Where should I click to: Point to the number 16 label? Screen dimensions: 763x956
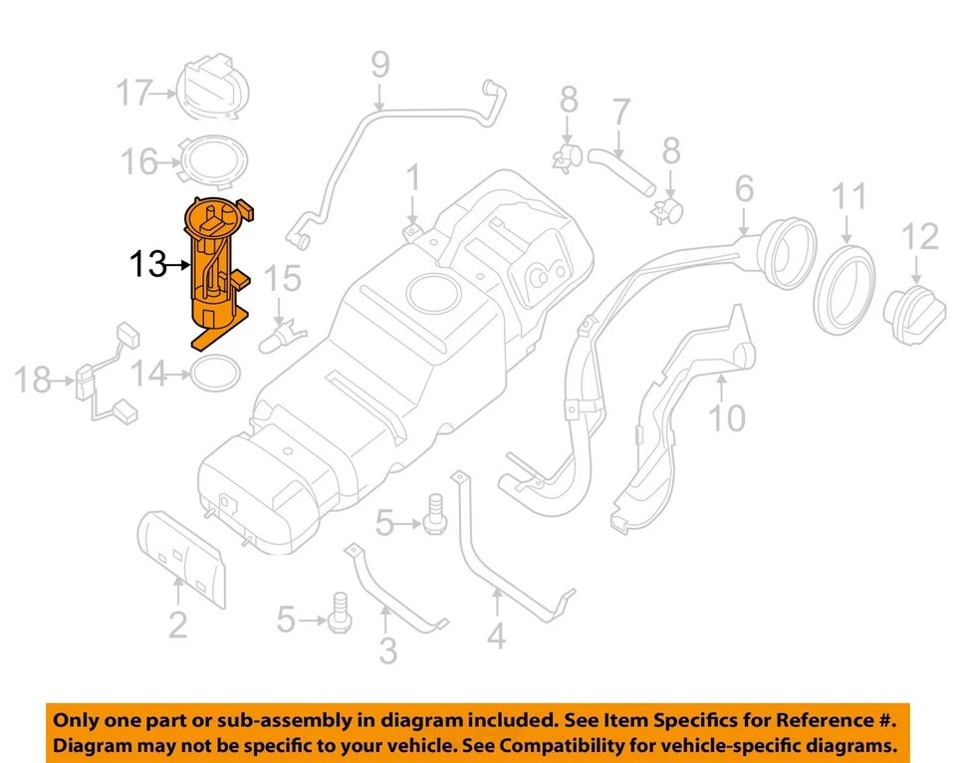pos(138,160)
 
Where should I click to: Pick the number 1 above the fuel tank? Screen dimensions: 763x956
pos(412,179)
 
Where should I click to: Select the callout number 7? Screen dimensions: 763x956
pos(620,113)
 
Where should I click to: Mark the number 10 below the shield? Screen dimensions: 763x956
pos(728,417)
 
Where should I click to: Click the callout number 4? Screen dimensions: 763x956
pos(496,634)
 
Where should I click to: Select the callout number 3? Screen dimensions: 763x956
pos(388,650)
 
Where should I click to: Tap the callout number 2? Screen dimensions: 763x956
pos(177,625)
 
